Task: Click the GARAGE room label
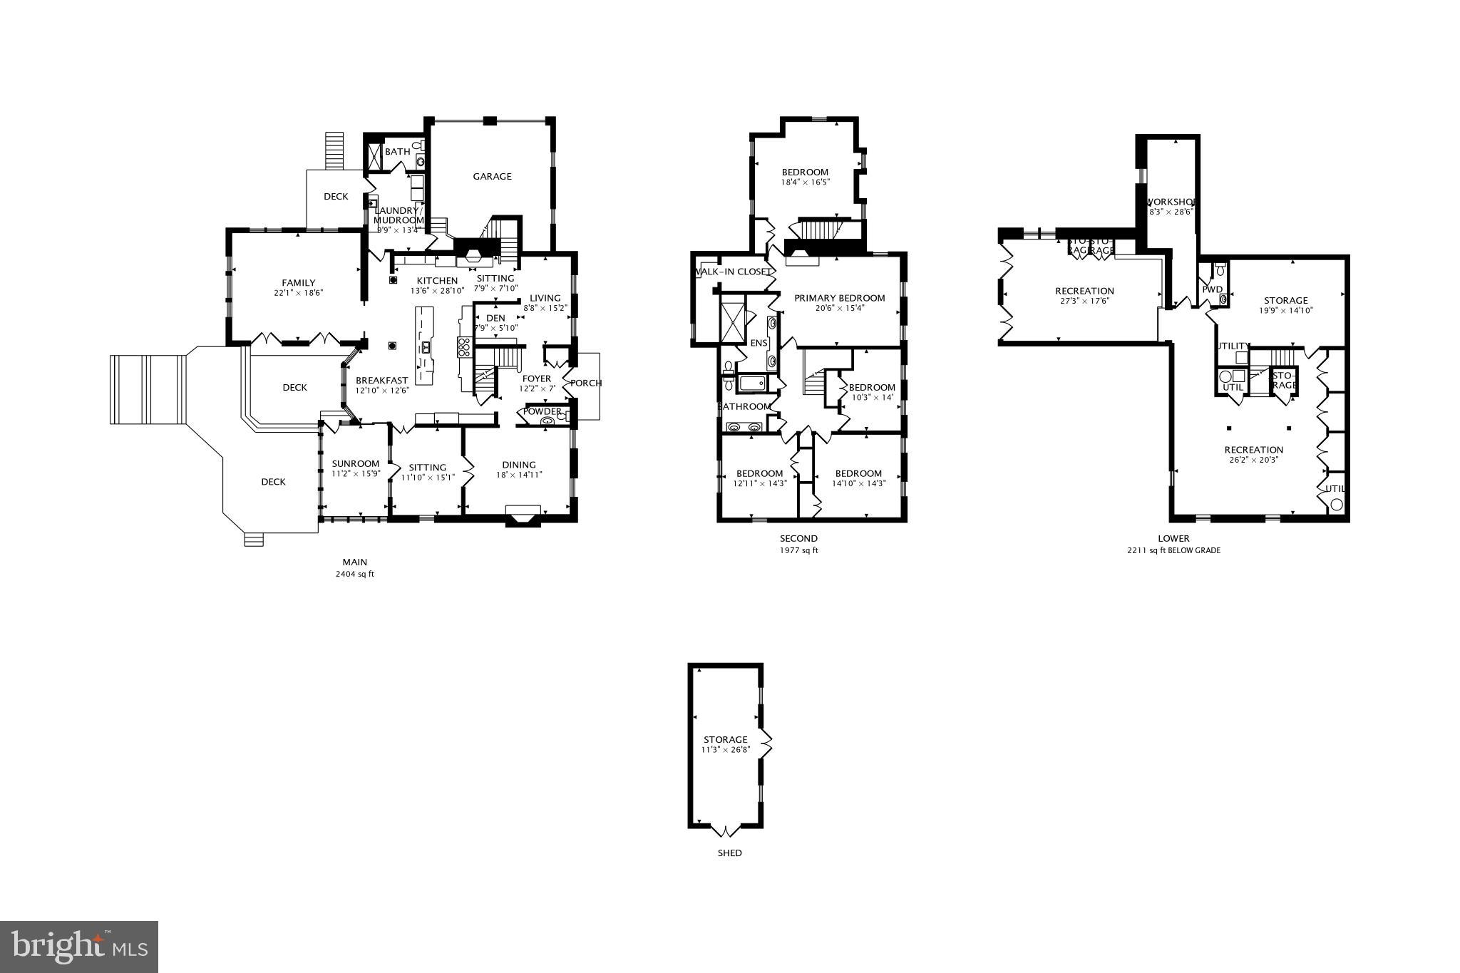[492, 176]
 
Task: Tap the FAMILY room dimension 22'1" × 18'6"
[298, 293]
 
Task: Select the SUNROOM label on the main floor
[355, 463]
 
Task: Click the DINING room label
[518, 465]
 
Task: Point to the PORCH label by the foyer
[586, 383]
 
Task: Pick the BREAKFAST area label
[381, 381]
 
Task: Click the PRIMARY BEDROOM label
[839, 298]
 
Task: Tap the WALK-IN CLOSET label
[732, 272]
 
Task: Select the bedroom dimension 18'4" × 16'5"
[805, 182]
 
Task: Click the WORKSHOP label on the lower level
[1170, 202]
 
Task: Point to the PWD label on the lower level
[1212, 289]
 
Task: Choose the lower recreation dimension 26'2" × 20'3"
[1253, 460]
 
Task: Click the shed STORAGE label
[725, 740]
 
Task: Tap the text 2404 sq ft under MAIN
[354, 574]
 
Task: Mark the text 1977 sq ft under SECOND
[798, 550]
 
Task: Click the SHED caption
[729, 853]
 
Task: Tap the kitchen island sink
[426, 347]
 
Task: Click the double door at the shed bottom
[726, 830]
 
